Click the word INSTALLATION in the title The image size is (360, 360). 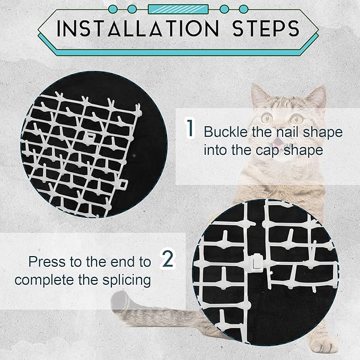136,29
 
